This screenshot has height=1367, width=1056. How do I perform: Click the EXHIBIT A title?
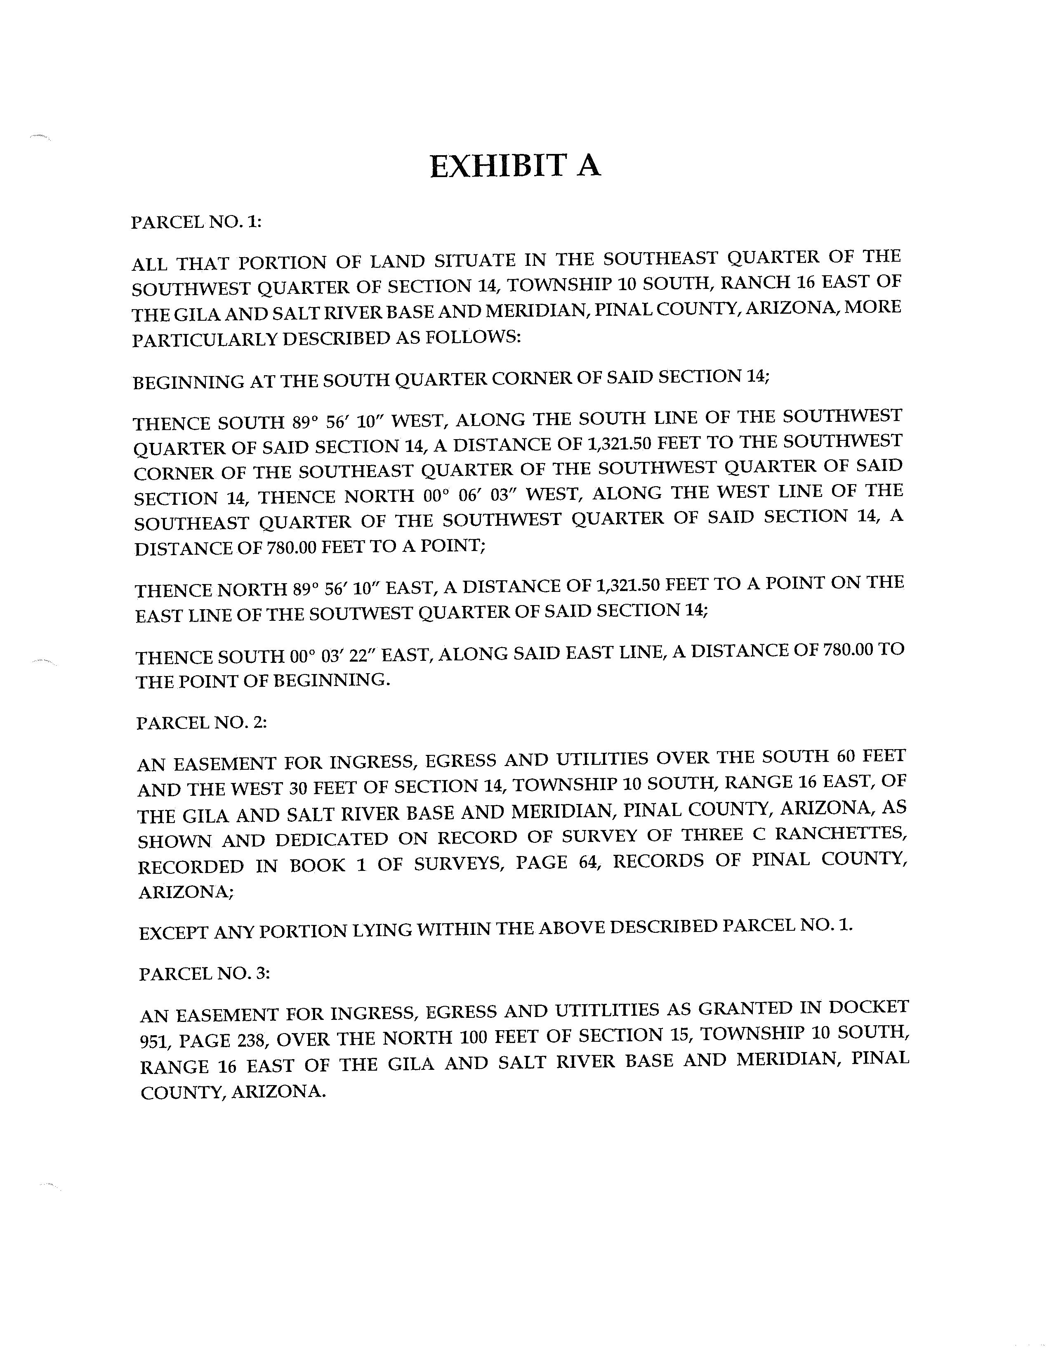coord(516,166)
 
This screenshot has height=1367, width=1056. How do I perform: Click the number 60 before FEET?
coord(848,757)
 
